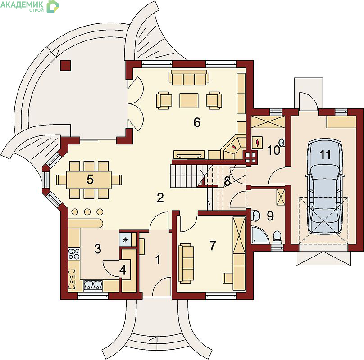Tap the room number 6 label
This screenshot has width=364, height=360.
[197, 122]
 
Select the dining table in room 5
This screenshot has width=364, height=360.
[89, 180]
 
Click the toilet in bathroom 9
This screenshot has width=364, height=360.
[277, 238]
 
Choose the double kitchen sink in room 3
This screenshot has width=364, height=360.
[93, 285]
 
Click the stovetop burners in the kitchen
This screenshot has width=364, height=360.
[74, 254]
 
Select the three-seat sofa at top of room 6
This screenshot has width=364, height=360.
[189, 77]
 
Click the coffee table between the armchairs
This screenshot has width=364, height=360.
[189, 100]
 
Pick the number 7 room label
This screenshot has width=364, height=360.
[213, 246]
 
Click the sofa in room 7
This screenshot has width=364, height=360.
[186, 263]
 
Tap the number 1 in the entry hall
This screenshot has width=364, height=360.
[158, 260]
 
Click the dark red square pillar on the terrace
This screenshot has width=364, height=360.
[65, 66]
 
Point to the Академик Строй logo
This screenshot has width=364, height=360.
[29, 6]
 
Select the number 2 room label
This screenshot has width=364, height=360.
[160, 198]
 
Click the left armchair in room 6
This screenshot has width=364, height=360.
[164, 100]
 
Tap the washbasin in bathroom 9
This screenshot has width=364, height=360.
[256, 216]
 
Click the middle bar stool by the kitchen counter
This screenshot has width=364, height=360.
[87, 211]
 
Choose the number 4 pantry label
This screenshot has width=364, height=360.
[123, 270]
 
